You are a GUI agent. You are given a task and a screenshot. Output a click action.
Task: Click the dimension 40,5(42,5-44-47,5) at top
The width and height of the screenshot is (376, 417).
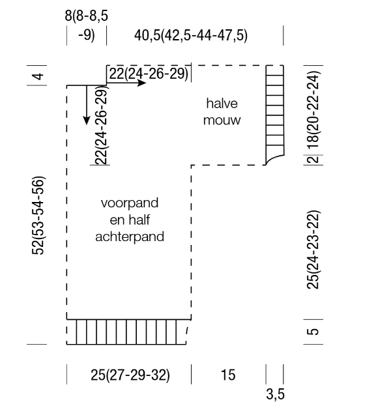pos(191,35)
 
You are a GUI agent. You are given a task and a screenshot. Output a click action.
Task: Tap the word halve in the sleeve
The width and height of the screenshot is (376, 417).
pos(222,104)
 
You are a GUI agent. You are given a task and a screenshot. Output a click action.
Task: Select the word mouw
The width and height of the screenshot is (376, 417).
pos(222,120)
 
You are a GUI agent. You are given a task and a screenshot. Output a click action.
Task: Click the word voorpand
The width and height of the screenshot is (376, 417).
pos(130,203)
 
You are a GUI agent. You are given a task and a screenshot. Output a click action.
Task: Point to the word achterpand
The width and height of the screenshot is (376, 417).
pos(130,237)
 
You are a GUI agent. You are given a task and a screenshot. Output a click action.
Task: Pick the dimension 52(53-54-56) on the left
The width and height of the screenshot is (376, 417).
pos(38,216)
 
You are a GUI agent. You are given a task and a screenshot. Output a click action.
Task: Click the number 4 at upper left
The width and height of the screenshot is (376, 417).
pos(38,76)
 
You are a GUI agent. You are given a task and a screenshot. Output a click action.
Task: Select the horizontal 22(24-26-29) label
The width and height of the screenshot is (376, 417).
pos(149,74)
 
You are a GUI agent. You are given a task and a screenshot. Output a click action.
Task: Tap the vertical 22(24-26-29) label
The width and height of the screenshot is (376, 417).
pos(101,126)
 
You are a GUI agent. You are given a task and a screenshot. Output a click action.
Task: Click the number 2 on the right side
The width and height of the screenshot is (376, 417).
pos(314,160)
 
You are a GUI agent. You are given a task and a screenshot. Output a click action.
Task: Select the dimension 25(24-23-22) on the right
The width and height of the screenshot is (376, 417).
pos(313,250)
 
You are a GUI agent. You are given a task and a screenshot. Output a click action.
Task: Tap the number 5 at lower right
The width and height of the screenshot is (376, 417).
pos(314,332)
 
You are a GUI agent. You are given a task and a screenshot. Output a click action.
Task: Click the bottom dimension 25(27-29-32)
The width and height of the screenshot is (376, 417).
pos(130,375)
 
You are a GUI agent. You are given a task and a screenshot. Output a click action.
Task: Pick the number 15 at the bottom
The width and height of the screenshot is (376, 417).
pos(228,375)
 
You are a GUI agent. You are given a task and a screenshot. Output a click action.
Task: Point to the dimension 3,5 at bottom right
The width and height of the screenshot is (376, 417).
pos(276,394)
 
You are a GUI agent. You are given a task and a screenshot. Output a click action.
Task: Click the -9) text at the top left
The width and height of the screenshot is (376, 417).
pos(87,35)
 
